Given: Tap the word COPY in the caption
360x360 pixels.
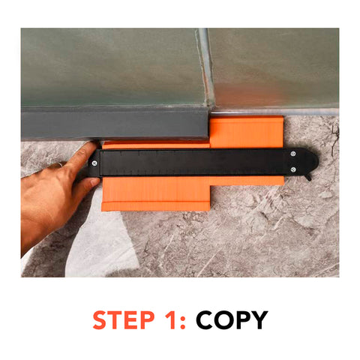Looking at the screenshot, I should [232, 320].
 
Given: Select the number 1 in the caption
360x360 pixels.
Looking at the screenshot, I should [173, 320].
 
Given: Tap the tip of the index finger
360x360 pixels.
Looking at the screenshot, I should [91, 146].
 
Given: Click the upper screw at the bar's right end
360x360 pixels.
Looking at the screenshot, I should [292, 154].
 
